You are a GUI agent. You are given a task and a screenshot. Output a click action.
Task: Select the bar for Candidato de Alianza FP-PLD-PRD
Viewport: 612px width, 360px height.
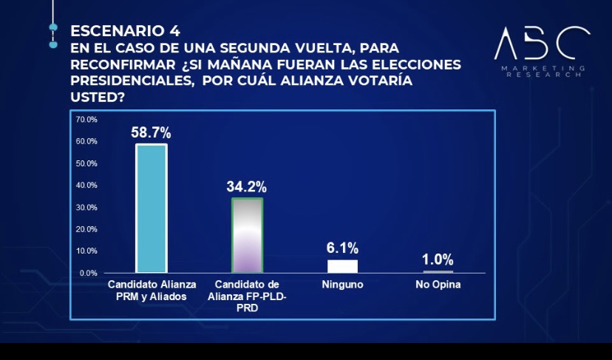(x=248, y=235)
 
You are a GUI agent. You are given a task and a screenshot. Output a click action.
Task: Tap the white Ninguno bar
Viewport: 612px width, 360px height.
(x=342, y=266)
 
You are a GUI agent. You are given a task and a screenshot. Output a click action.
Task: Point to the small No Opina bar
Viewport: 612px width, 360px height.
(x=438, y=272)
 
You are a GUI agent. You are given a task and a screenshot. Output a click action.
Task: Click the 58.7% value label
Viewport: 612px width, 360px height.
(x=151, y=133)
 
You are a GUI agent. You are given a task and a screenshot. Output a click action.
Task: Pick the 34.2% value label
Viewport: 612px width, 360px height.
(x=247, y=186)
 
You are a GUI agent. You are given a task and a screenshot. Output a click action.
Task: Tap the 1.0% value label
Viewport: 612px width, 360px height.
(x=438, y=259)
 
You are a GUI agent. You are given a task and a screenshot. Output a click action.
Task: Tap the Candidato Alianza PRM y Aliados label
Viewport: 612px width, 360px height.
(x=151, y=290)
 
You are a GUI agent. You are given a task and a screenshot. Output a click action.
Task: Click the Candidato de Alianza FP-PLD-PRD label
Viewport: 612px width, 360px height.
(x=248, y=296)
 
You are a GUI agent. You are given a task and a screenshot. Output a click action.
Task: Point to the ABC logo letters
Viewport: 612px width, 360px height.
(x=542, y=44)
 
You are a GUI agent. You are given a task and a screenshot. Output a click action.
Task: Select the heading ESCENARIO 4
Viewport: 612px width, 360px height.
(x=125, y=31)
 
